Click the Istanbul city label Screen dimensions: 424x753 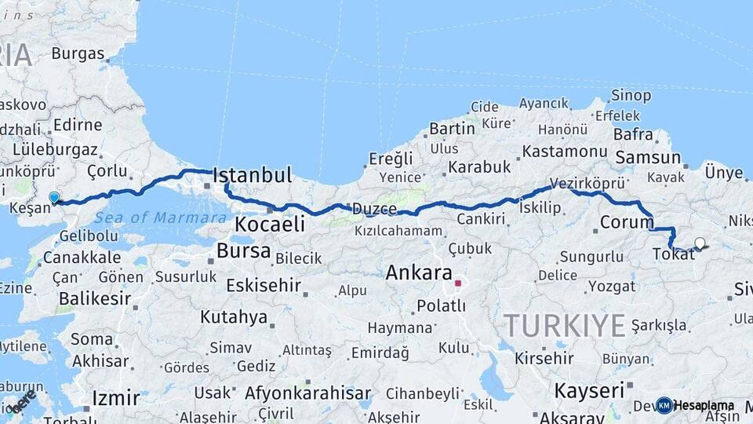(252, 174)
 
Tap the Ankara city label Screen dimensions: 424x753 (419, 274)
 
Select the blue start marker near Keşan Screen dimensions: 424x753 (54, 198)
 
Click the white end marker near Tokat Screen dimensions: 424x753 (700, 243)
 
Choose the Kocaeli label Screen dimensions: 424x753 (269, 224)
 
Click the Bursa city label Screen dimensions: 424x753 (243, 252)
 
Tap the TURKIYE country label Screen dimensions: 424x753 (564, 324)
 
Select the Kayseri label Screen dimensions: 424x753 (589, 390)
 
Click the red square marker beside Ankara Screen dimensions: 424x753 (458, 283)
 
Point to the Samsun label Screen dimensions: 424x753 (648, 158)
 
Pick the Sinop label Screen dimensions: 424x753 (632, 96)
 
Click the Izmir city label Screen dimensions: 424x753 (115, 398)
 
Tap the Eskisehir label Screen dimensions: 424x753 (264, 285)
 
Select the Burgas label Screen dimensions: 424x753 (78, 54)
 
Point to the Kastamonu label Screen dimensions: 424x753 (565, 151)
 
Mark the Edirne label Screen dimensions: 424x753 (77, 125)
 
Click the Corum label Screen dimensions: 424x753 (627, 222)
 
